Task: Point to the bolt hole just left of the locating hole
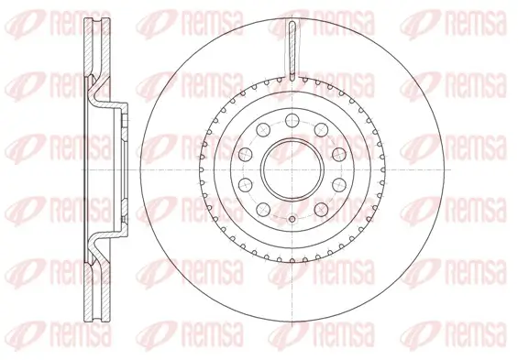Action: click(260, 209)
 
